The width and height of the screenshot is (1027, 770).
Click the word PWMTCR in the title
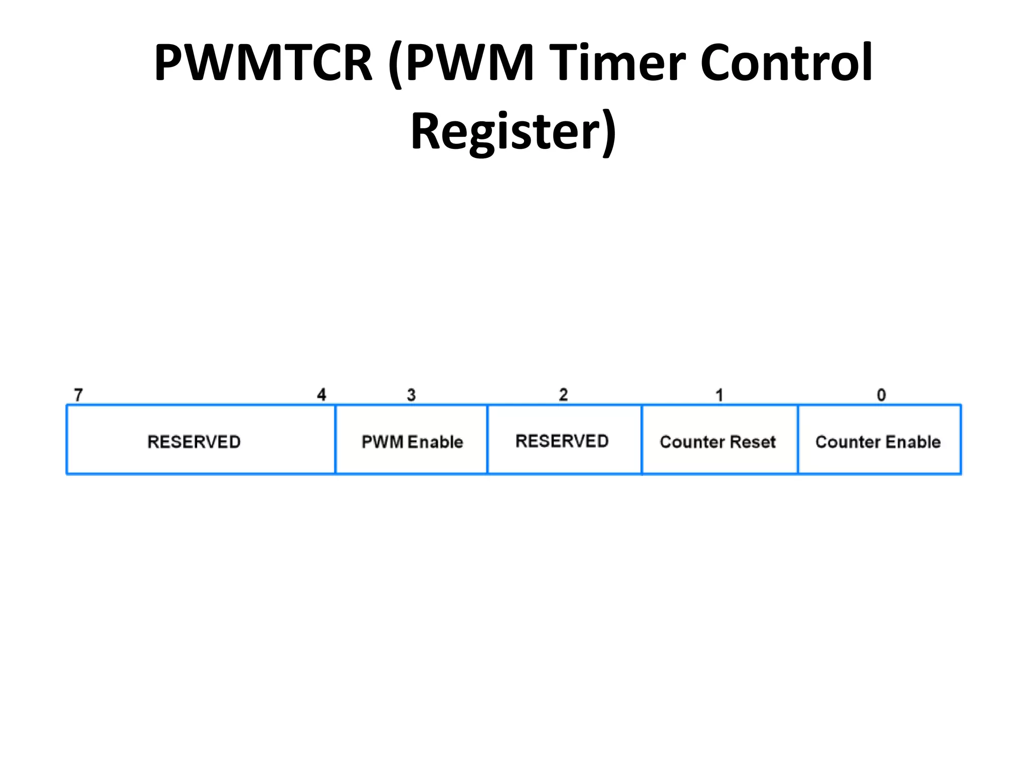click(264, 63)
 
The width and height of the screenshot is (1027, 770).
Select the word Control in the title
click(786, 63)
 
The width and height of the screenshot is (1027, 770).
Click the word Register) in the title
click(513, 131)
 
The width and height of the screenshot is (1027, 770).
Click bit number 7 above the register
click(78, 395)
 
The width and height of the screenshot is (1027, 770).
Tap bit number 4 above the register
click(321, 395)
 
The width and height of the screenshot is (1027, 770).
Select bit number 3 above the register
click(411, 395)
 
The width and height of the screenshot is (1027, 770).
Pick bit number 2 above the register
click(563, 395)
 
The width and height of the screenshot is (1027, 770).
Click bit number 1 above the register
click(719, 395)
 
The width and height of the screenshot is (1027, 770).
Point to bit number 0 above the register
click(881, 395)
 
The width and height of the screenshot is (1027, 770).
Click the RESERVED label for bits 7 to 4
click(194, 442)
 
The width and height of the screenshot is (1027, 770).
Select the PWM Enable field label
click(412, 442)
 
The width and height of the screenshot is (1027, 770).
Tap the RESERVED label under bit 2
click(562, 441)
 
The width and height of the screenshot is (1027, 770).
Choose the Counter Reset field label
click(718, 442)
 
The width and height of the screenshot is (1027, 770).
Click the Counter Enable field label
click(878, 442)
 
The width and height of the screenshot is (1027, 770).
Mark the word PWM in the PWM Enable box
click(383, 442)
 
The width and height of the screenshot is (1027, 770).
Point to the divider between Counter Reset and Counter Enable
click(798, 439)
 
